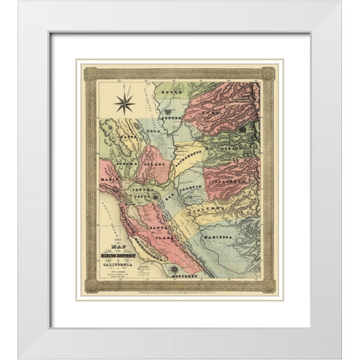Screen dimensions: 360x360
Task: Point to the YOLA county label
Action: pyautogui.click(x=154, y=130)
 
